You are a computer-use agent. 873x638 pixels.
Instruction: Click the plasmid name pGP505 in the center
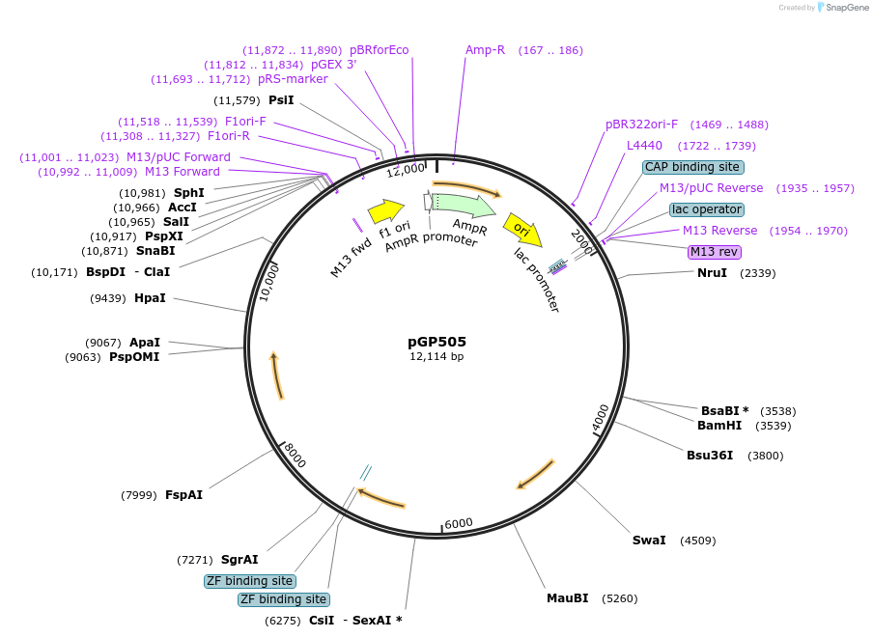coord(436,341)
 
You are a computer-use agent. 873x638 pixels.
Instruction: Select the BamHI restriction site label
coord(719,425)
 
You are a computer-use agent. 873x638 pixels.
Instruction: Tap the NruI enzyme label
coord(712,273)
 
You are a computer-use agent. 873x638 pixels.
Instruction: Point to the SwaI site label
coord(649,540)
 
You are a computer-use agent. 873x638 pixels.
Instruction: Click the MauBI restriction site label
coord(567,598)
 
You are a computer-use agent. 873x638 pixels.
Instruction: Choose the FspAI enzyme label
coord(183,495)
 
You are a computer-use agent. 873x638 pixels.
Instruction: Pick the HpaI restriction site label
coord(150,298)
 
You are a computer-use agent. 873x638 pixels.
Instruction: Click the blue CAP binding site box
coord(693,167)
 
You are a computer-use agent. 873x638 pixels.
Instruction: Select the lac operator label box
coord(707,209)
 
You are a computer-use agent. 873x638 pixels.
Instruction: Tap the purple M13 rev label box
coord(714,252)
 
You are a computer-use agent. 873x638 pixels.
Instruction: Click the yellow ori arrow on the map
coord(522,230)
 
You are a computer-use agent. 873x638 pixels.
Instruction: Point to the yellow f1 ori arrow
coord(385,210)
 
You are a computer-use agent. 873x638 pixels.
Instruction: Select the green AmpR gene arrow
coord(464,204)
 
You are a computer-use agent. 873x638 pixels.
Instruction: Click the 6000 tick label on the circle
coord(459,523)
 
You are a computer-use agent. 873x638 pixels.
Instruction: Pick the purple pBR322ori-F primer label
coord(641,125)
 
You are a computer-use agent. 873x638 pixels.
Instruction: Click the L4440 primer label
coord(644,146)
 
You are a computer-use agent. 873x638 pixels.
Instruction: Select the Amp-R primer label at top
coord(485,50)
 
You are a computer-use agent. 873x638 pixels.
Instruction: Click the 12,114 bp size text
coord(436,357)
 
